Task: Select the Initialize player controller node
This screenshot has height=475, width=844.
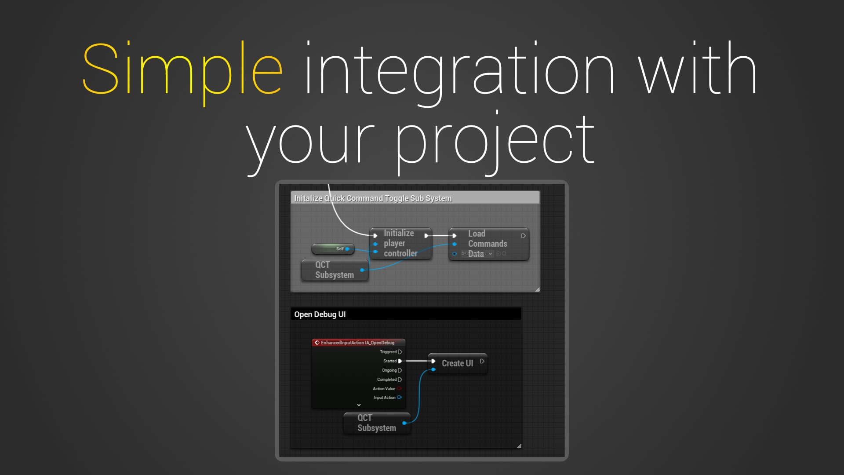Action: point(400,243)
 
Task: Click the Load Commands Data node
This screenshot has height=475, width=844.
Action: point(488,243)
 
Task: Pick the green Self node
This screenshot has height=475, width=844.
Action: point(333,249)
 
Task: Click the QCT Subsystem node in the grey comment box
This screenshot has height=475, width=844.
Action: point(334,270)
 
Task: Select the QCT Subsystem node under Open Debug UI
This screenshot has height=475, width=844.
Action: point(376,423)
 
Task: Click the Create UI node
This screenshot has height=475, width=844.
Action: point(457,363)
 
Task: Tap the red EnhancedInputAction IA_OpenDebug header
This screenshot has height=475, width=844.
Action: point(357,343)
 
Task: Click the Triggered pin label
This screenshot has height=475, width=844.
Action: point(388,352)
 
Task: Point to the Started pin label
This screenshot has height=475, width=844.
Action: point(389,361)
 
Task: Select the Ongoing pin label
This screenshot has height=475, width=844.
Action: point(389,370)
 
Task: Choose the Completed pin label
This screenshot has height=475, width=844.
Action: point(387,380)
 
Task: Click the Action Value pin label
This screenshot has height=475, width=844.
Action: point(384,389)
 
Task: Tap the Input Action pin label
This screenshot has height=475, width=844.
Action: point(384,398)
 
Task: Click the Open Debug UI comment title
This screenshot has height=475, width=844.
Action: point(320,314)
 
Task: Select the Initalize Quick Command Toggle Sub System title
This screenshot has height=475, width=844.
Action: point(372,198)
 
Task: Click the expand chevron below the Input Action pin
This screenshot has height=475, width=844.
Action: point(359,405)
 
